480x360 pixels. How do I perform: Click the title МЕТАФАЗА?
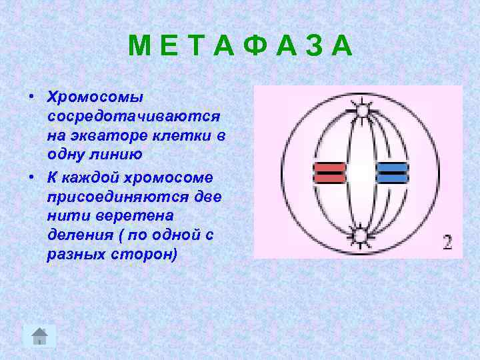point(240,47)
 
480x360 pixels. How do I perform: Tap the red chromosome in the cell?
point(329,173)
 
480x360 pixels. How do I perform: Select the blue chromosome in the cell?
point(391,173)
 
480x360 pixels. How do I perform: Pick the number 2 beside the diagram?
point(447,242)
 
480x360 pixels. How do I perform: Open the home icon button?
point(40,335)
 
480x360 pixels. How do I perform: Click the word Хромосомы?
point(95,97)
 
